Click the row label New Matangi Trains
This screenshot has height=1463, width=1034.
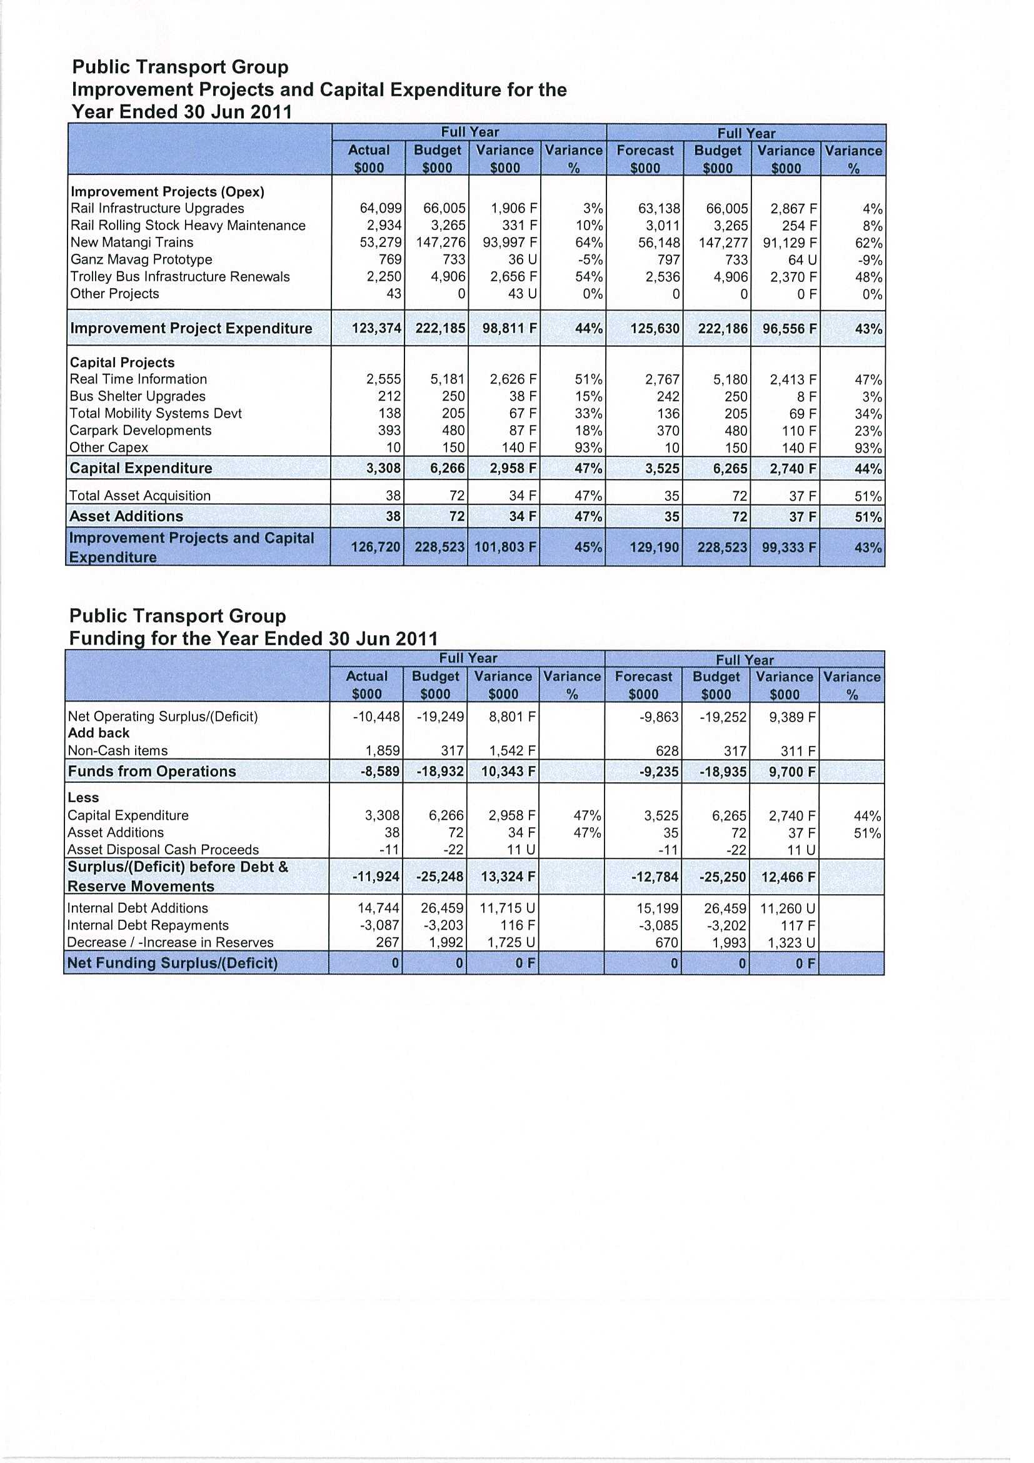(132, 243)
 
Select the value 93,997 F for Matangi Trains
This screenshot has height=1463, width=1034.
(509, 243)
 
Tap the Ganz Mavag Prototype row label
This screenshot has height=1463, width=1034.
(141, 260)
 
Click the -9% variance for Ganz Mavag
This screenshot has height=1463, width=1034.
(869, 260)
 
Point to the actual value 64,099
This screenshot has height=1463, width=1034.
(381, 208)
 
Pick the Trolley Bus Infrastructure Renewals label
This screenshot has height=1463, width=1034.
(179, 277)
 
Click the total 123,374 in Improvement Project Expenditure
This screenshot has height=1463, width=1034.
(376, 328)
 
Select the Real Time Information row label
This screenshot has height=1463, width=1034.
(138, 379)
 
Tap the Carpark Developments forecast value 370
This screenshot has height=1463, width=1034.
(668, 431)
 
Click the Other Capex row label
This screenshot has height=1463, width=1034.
(109, 447)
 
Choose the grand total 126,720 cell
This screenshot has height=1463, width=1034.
(375, 547)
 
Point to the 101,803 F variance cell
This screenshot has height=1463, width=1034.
(505, 547)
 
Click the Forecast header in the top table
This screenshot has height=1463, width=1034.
(645, 151)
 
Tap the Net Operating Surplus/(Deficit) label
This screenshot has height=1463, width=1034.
(163, 717)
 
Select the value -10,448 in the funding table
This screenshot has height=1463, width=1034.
(376, 717)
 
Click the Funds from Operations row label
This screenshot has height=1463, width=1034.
(152, 772)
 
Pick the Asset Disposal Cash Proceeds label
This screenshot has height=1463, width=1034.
(163, 850)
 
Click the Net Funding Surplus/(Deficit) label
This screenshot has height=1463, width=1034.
(172, 963)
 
